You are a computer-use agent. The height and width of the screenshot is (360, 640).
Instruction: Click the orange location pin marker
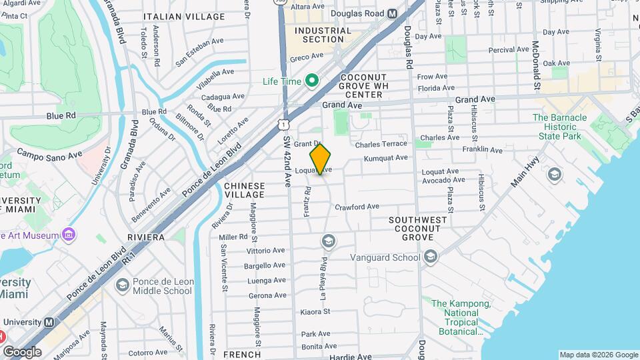tap(321, 159)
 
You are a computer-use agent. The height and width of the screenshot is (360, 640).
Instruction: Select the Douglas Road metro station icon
tap(392, 13)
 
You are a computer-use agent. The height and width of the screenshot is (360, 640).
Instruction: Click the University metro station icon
tap(49, 322)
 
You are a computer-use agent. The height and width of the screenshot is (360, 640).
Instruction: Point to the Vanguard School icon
tap(430, 257)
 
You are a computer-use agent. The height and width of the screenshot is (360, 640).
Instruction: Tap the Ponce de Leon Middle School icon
tap(122, 285)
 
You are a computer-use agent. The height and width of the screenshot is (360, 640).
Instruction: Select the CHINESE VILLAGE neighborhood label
tap(244, 190)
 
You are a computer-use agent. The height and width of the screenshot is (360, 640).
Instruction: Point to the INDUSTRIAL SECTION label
tap(323, 35)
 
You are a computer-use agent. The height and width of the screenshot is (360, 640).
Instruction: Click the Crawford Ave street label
tap(357, 207)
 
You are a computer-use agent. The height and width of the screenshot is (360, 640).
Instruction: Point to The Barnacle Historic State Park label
tap(559, 127)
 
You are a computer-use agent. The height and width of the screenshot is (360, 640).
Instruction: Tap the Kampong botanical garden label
tap(461, 317)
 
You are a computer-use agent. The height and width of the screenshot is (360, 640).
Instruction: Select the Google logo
tap(22, 351)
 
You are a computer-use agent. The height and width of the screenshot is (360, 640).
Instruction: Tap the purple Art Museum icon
tap(68, 235)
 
